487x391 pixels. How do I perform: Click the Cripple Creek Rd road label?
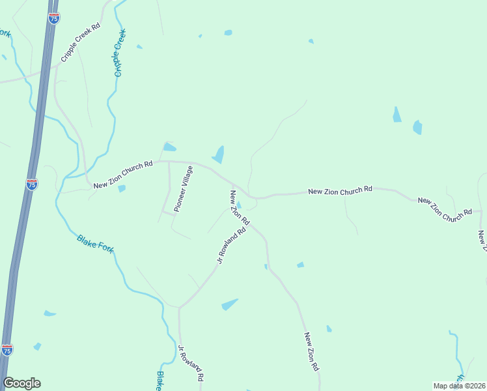pos(81,43)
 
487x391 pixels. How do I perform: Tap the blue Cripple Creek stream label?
pos(119,53)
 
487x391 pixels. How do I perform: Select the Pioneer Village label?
pos(184,189)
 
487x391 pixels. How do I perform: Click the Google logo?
pos(21,383)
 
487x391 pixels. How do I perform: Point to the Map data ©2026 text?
pos(459,385)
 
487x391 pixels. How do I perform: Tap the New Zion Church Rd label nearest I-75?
pos(122,175)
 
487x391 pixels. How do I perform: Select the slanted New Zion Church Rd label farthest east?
pos(445,208)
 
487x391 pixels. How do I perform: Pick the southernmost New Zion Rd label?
pos(311,352)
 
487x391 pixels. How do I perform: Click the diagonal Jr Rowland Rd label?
pos(231,245)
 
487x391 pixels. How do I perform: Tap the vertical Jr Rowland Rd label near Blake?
pos(191,364)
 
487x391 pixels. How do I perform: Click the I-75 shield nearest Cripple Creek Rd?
pos(54,18)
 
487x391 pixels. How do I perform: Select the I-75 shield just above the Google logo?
pos(7,350)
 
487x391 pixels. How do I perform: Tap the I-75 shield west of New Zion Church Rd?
pos(32,184)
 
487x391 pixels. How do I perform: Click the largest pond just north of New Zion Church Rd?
pos(218,155)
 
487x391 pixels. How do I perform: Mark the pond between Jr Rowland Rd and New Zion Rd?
pos(230,304)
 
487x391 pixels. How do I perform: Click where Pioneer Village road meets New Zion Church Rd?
pos(169,162)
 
